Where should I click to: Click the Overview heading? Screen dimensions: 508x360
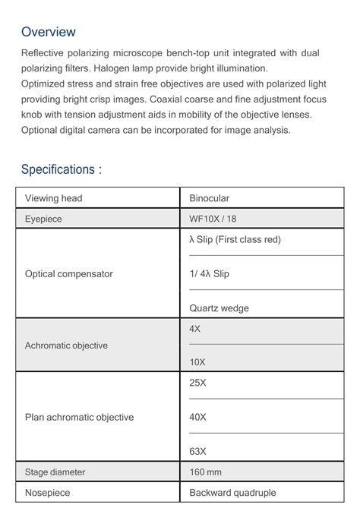pyautogui.click(x=49, y=32)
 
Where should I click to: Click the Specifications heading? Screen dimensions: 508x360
pyautogui.click(x=61, y=169)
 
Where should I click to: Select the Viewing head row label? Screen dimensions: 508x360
pyautogui.click(x=53, y=198)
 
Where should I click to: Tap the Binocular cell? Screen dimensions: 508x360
pyautogui.click(x=209, y=198)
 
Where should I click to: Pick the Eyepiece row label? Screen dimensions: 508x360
pyautogui.click(x=43, y=219)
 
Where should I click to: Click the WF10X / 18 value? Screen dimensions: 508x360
pyautogui.click(x=213, y=219)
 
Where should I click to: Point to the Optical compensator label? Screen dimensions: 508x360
pyautogui.click(x=68, y=273)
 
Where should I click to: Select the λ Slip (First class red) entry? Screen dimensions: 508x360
pyautogui.click(x=235, y=239)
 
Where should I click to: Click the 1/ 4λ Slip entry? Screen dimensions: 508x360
pyautogui.click(x=209, y=273)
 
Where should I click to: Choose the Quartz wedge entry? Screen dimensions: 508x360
pyautogui.click(x=219, y=308)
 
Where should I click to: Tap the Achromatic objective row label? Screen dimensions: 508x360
pyautogui.click(x=66, y=346)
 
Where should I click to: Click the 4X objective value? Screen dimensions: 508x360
pyautogui.click(x=195, y=329)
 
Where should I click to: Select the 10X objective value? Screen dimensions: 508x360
pyautogui.click(x=197, y=363)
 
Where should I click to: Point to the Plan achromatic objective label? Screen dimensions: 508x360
pyautogui.click(x=79, y=417)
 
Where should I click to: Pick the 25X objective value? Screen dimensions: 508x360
pyautogui.click(x=197, y=383)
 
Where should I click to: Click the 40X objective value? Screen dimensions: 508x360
pyautogui.click(x=197, y=417)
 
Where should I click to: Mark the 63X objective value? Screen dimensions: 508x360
pyautogui.click(x=197, y=451)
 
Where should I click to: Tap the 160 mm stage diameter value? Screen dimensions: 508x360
pyautogui.click(x=206, y=472)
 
